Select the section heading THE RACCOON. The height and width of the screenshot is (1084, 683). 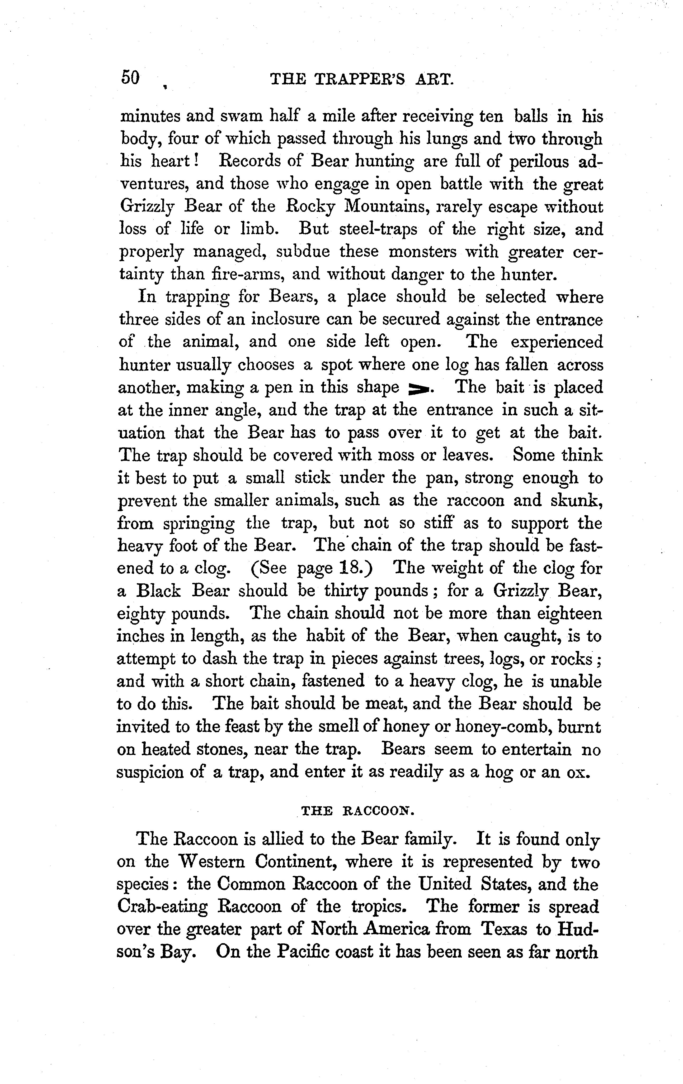coord(357,811)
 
